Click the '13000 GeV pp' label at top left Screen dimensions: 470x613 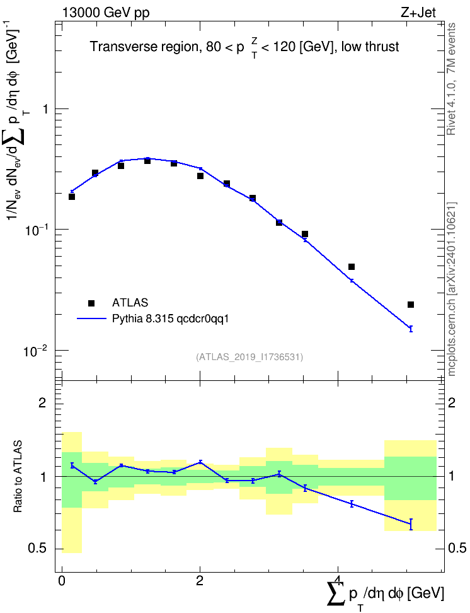tap(106, 13)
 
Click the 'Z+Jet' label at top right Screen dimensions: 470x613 tap(418, 13)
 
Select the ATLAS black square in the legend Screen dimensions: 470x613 tap(91, 303)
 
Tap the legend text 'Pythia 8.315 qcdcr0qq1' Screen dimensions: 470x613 tap(170, 319)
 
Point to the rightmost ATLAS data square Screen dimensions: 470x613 tap(411, 305)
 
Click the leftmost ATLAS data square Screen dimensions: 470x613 tap(71, 197)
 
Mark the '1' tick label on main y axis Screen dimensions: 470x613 tap(46, 109)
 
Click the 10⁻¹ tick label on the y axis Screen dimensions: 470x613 tap(35, 230)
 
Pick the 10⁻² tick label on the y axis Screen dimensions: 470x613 tap(35, 351)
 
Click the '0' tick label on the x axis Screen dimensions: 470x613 tap(62, 581)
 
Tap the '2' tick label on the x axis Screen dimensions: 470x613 tap(200, 581)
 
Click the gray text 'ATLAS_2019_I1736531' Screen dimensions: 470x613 tap(249, 357)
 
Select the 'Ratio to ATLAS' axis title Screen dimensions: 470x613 tap(18, 476)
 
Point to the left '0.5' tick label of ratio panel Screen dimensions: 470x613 tap(38, 549)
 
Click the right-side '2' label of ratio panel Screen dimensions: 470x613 tap(452, 402)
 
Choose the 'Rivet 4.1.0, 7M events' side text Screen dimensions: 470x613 tap(451, 79)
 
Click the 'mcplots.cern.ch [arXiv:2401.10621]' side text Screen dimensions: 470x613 tap(452, 289)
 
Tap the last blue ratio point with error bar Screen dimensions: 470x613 tap(411, 524)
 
